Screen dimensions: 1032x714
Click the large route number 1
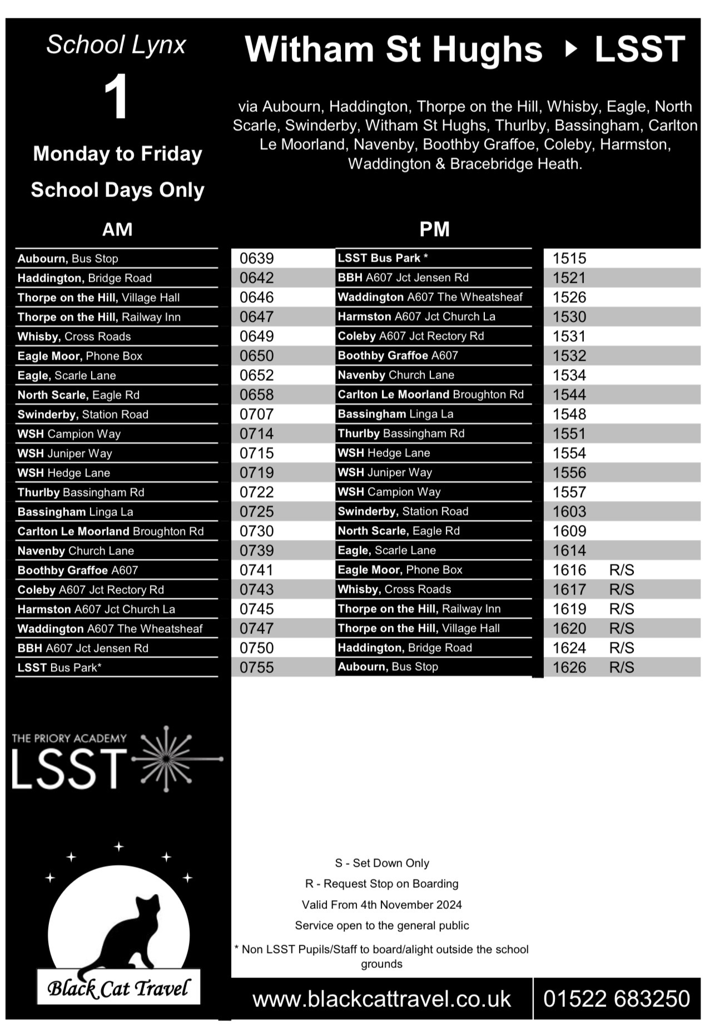116,97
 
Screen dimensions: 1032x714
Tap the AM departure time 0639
256,258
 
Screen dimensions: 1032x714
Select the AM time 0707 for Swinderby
256,414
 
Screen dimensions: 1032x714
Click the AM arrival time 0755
256,667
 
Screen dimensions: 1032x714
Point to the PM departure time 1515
569,258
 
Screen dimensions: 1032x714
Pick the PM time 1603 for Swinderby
569,512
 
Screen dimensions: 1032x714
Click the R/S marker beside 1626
621,667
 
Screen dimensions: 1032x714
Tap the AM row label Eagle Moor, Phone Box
80,356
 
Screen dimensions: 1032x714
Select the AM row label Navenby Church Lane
76,551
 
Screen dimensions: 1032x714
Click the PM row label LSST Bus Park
383,258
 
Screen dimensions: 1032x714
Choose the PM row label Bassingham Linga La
395,414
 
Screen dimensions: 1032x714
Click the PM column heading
434,229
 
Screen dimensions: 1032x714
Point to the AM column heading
117,229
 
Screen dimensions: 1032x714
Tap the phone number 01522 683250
617,999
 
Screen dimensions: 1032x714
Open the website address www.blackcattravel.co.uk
381,999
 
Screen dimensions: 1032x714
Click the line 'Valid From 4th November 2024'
381,905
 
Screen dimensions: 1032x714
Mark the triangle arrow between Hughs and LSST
571,50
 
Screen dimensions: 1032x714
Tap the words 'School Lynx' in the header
116,45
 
